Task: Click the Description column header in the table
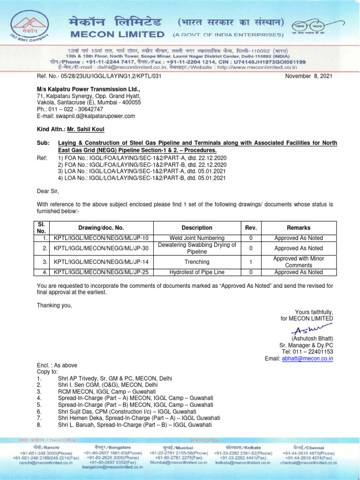197,228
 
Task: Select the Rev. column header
251,228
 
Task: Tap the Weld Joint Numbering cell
197,238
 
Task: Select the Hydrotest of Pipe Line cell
197,272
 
